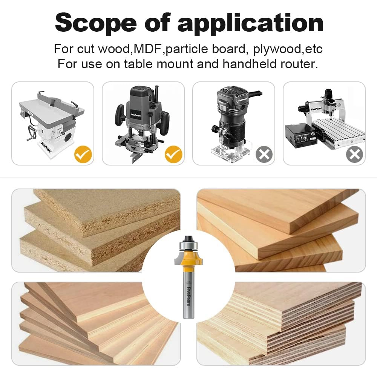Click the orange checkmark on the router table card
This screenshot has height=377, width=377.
[83, 154]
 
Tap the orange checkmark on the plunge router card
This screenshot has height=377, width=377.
[173, 154]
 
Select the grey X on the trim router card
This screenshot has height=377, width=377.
[264, 154]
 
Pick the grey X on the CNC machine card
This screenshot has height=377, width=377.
[354, 154]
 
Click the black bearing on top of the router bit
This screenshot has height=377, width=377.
[188, 239]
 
